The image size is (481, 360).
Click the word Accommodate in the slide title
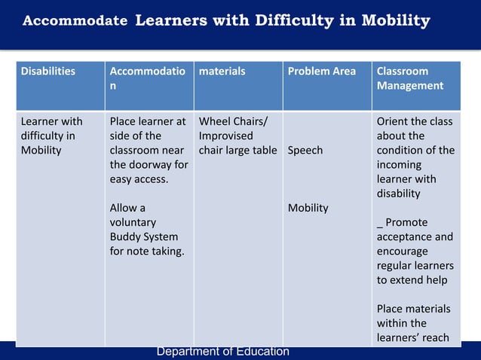click(75, 21)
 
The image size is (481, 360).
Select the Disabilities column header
click(48, 72)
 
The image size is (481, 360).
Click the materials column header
click(222, 72)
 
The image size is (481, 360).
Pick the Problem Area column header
click(322, 72)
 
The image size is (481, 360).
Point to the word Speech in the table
click(305, 150)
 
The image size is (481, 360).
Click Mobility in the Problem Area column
click(308, 208)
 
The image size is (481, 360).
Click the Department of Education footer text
click(222, 352)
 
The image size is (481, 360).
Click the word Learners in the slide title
click(170, 20)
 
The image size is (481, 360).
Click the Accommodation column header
click(146, 78)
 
